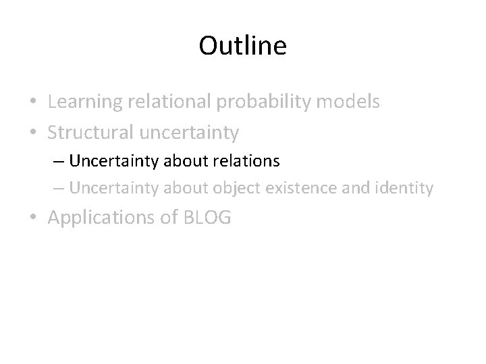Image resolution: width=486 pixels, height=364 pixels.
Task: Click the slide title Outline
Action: [x=243, y=46]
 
